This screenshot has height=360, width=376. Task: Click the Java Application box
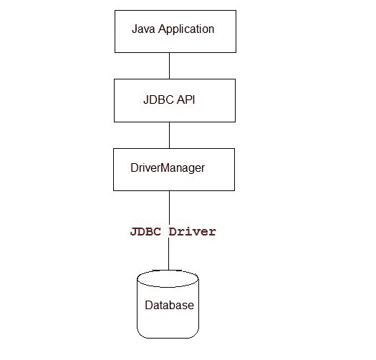(174, 31)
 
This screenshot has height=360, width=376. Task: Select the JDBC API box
(174, 100)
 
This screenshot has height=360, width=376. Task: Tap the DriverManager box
(174, 169)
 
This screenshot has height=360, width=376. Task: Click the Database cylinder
(169, 308)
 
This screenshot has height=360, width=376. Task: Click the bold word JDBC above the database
(145, 232)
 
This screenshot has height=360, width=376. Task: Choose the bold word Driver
(191, 232)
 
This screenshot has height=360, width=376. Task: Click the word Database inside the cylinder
(169, 305)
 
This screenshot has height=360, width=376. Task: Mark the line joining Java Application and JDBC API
(169, 65)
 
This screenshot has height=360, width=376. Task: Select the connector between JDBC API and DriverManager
(169, 135)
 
